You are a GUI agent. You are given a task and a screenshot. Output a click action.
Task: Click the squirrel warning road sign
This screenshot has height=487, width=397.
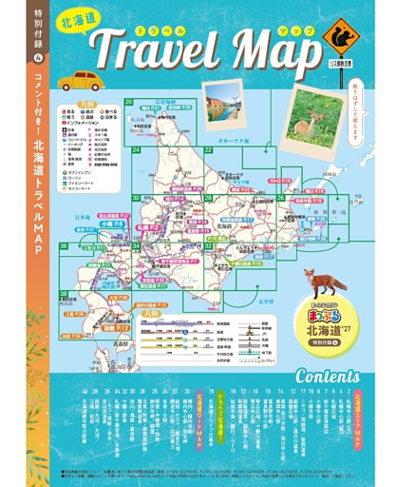click(x=340, y=39)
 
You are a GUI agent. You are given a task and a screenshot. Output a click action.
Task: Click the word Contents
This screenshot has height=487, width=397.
click(x=325, y=375)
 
